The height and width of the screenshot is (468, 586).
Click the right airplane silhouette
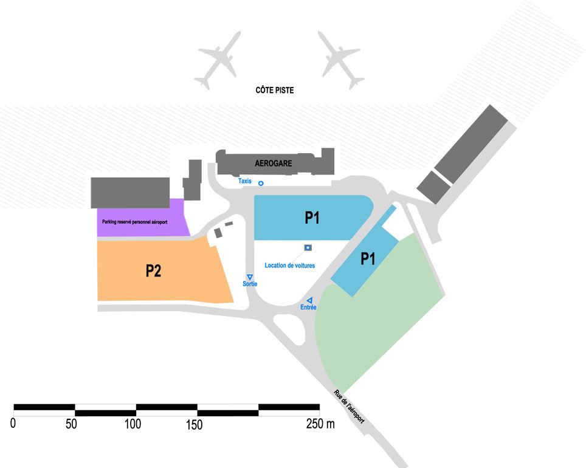coord(340,61)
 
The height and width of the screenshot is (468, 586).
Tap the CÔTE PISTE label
coord(275,90)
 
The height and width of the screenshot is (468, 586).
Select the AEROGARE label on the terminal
coord(274,163)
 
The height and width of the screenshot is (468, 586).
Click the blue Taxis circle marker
coord(261,183)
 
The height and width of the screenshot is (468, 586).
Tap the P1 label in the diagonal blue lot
coord(367,259)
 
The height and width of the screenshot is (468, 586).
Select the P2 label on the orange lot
coord(153,271)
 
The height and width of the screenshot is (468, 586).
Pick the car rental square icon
coord(308,247)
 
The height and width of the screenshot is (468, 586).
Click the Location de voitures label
coord(289,266)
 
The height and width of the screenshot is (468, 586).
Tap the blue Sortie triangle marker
coord(249,277)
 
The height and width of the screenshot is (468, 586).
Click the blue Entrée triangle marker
coord(309,300)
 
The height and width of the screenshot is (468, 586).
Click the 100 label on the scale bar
coord(133,424)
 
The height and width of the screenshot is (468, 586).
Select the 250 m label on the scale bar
coord(320,424)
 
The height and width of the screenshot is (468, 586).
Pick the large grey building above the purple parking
coord(129,193)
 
